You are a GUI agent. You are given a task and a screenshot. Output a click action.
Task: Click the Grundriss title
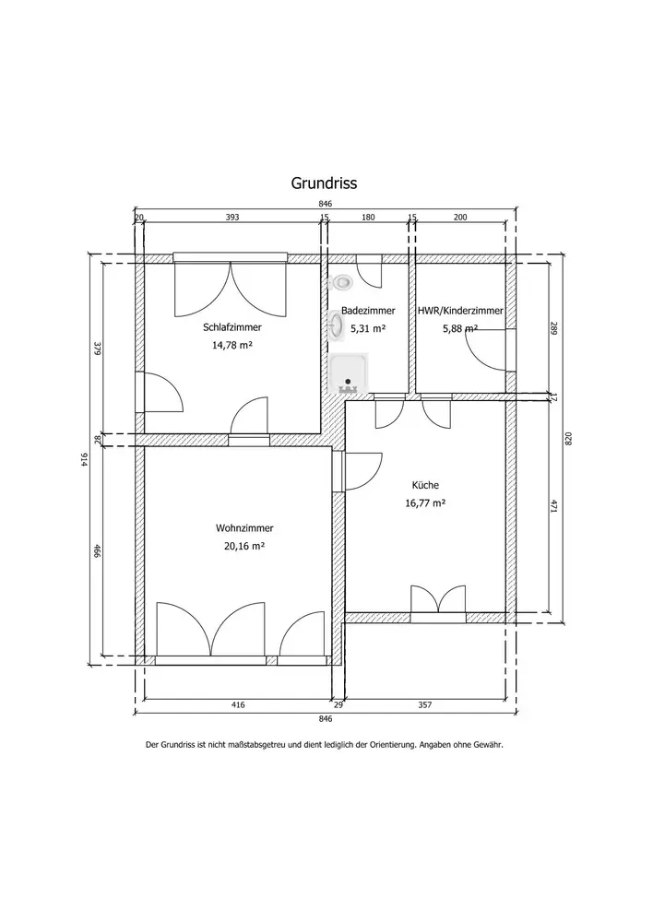tap(324, 183)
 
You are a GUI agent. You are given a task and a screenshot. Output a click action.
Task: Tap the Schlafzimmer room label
tap(232, 327)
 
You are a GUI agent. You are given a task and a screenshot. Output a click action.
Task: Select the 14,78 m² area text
tap(232, 345)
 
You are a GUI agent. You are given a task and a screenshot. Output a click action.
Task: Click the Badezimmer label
tap(368, 311)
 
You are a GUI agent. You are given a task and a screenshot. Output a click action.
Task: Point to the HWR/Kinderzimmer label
tap(460, 311)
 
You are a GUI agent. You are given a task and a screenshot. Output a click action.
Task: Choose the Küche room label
tap(425, 485)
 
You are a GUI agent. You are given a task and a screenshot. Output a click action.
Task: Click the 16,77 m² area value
tap(425, 502)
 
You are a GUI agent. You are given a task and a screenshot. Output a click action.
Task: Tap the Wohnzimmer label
tap(244, 528)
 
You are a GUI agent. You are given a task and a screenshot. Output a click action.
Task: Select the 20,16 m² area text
tap(244, 546)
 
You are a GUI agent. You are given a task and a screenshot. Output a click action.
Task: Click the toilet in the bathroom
tap(340, 283)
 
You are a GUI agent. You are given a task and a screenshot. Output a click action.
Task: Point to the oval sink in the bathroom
tap(336, 326)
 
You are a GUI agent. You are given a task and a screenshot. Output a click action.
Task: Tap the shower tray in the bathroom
tap(349, 373)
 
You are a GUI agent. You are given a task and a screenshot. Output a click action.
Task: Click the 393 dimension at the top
tap(232, 217)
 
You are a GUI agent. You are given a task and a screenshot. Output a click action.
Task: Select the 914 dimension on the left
tap(84, 461)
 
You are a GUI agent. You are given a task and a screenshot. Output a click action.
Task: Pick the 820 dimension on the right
tap(568, 439)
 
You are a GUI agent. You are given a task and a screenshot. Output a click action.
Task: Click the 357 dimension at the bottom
tap(425, 704)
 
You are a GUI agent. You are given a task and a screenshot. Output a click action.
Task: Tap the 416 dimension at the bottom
tap(238, 704)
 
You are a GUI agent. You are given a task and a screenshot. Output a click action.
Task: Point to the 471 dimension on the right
tap(553, 507)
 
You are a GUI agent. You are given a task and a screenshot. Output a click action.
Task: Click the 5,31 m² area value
tap(368, 328)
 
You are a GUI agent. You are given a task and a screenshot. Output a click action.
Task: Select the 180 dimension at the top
tap(368, 217)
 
